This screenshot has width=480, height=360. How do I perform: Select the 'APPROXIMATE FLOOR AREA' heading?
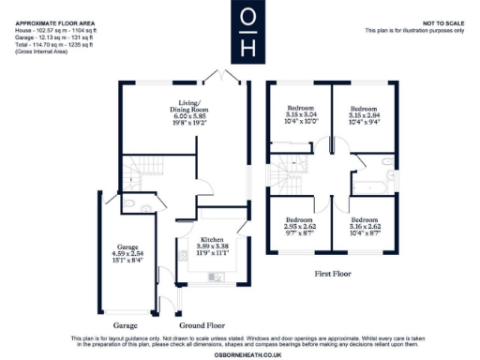click(52, 22)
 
